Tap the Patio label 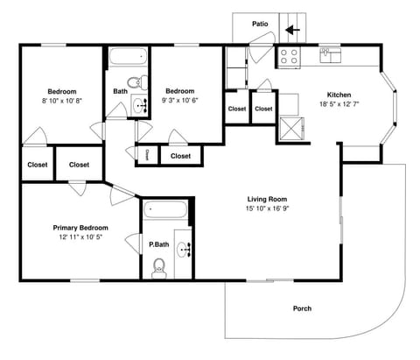tap(260, 24)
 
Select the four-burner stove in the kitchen tap(290, 57)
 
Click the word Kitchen tap(339, 95)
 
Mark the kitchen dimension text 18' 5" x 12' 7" tap(339, 104)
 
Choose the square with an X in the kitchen tap(290, 131)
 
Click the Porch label tap(302, 308)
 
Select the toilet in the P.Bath tap(159, 267)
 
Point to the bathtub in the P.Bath tap(164, 210)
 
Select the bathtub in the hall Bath tap(129, 59)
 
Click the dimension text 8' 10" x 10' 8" tap(60, 101)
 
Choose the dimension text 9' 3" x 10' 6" tap(180, 101)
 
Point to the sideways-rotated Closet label tap(147, 154)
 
